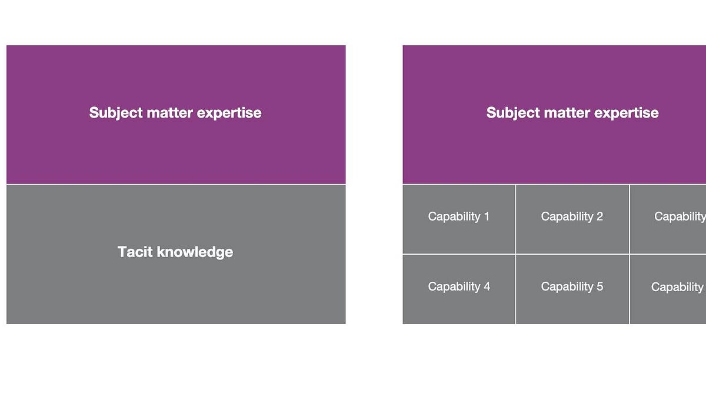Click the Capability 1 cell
click(459, 219)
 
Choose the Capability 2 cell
click(572, 219)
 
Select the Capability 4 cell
click(459, 289)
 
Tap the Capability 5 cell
click(572, 289)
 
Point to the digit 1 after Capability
click(487, 216)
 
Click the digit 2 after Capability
click(600, 216)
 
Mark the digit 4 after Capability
click(487, 286)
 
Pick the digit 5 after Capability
click(600, 286)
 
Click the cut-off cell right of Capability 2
click(668, 219)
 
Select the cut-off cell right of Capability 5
click(668, 289)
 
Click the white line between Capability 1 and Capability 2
click(515, 219)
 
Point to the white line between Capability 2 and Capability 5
click(572, 254)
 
